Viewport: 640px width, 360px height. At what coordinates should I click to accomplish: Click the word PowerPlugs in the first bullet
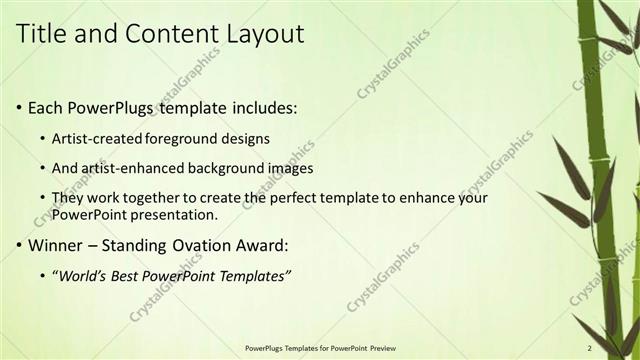pyautogui.click(x=111, y=107)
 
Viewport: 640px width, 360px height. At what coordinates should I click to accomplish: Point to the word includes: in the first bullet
pyautogui.click(x=262, y=107)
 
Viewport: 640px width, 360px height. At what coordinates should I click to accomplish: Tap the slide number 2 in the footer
pyautogui.click(x=589, y=348)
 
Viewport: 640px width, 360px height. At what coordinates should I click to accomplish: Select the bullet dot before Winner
pyautogui.click(x=20, y=246)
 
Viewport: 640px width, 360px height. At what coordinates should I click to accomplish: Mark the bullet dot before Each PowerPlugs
pyautogui.click(x=20, y=108)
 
